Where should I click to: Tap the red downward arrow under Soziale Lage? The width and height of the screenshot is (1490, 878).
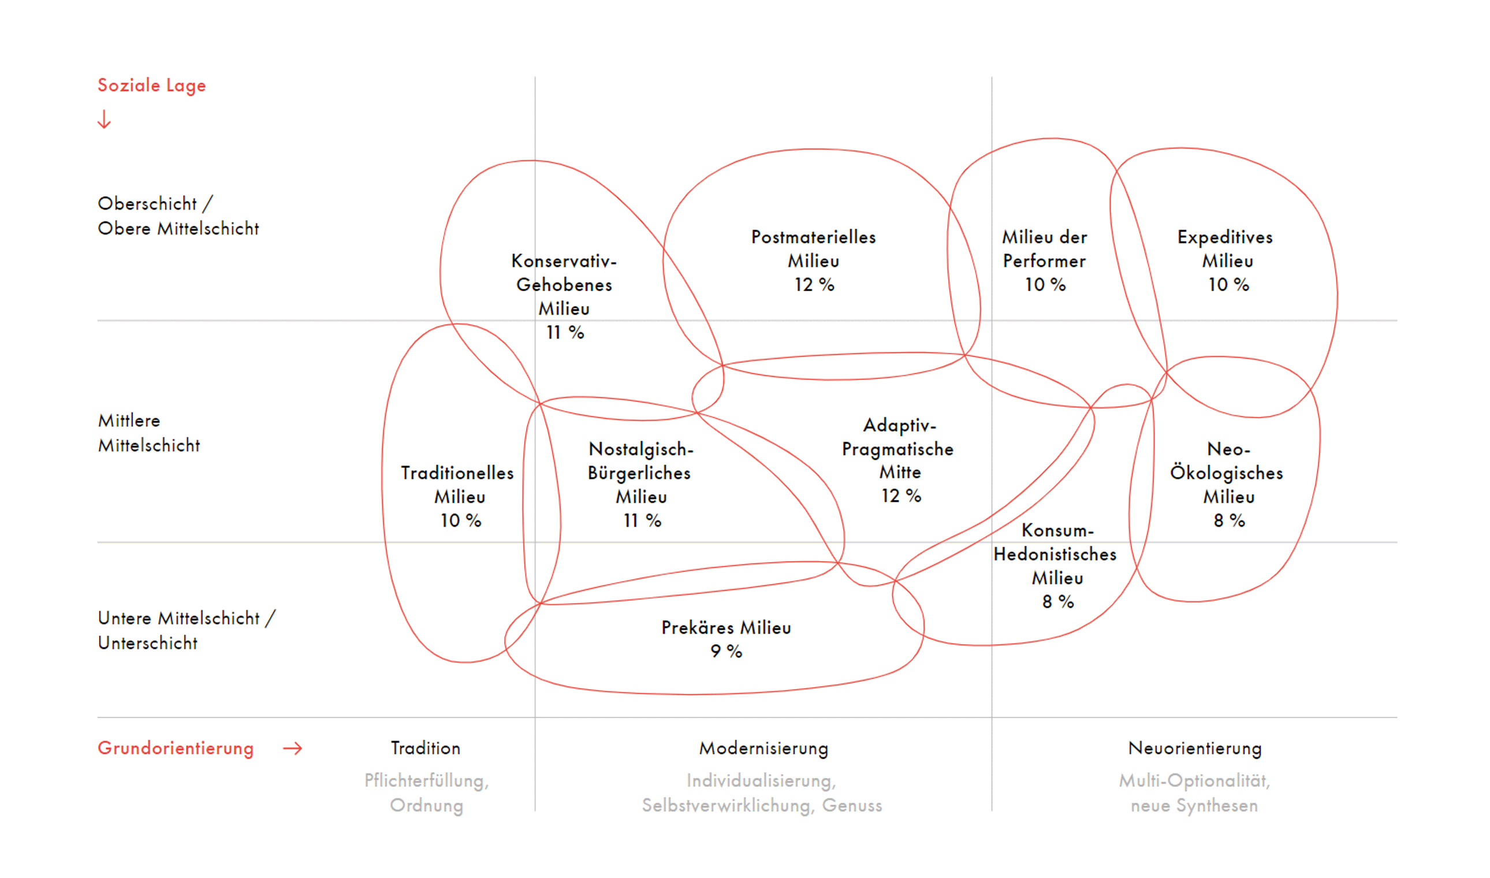coord(104,119)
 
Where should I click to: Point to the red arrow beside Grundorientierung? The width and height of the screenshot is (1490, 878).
coord(292,749)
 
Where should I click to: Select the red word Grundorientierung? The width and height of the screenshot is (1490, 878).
coord(176,749)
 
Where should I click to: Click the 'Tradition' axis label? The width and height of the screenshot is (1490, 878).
coord(425,749)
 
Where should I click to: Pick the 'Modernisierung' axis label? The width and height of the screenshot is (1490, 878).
coord(763,749)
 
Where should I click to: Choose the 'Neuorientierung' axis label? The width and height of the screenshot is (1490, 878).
coord(1195,749)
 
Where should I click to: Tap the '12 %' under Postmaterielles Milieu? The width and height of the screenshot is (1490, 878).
coord(814,285)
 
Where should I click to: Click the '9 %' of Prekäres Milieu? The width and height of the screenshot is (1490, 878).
coord(726,652)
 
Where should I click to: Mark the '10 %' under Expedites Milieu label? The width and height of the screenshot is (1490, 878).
coord(1228,285)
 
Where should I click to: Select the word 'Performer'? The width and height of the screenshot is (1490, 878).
coord(1044,261)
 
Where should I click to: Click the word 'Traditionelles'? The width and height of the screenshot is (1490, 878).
coord(457,473)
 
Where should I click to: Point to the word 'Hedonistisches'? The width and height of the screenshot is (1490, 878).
coord(1055,555)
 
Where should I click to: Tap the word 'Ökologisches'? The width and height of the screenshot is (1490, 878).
coord(1226,473)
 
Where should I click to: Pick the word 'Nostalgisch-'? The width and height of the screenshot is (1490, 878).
coord(640,449)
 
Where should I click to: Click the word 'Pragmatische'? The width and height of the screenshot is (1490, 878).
coord(897,449)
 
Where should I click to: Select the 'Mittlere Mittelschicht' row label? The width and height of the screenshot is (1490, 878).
coord(149,433)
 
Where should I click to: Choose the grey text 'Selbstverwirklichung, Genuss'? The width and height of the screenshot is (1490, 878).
coord(762,806)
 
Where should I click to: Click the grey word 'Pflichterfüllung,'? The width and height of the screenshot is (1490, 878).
coord(426,781)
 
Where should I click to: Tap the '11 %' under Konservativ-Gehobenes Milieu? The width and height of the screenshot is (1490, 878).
coord(564,333)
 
